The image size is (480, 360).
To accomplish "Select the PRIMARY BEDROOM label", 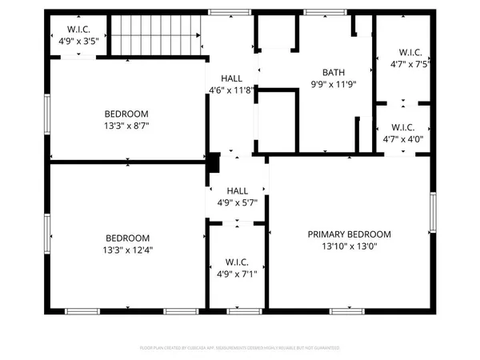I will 350,234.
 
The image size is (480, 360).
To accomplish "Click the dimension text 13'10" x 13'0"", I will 350,246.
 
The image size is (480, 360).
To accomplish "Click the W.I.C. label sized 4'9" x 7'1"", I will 235,262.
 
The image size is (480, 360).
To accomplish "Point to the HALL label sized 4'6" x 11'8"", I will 231,78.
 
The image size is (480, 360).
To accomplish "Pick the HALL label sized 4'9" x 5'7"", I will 237,191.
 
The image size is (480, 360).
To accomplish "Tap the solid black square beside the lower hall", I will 214,163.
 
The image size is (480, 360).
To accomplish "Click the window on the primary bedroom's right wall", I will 432,216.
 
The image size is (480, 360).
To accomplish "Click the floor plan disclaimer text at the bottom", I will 239,348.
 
